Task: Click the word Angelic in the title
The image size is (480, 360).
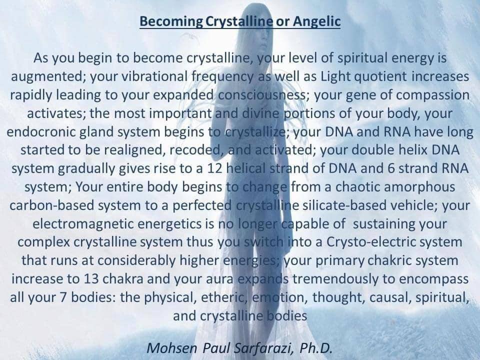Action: [x=317, y=21]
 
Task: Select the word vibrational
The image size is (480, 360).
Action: [x=154, y=76]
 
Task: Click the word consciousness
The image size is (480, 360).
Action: [x=262, y=95]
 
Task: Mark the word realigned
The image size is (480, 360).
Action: [x=134, y=150]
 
